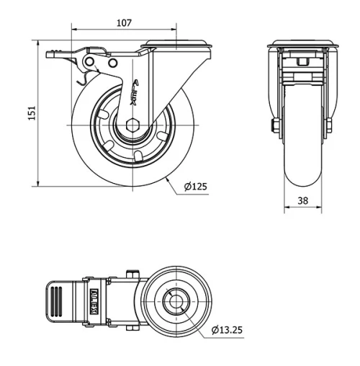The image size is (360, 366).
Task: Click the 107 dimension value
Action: tap(124, 23)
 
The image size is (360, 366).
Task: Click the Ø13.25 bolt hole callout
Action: tap(228, 331)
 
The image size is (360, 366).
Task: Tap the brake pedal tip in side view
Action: tap(53, 53)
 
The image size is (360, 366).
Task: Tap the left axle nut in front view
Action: tap(276, 128)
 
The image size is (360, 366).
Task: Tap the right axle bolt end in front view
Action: tap(328, 128)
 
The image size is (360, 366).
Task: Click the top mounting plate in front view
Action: tap(302, 45)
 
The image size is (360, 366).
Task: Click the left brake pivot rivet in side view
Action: tap(91, 64)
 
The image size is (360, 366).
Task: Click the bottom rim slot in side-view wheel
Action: tap(138, 154)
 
